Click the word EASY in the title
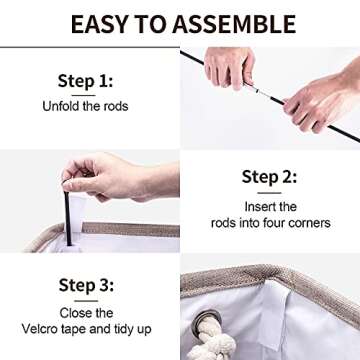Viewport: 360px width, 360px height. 99,24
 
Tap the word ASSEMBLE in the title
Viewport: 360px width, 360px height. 234,24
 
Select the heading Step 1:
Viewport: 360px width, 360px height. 85,81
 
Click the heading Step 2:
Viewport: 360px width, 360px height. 269,177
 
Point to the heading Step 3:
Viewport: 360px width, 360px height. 86,285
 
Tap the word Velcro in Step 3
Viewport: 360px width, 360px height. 41,329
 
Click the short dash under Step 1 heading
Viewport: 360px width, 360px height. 83,95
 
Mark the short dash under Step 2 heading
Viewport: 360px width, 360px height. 269,193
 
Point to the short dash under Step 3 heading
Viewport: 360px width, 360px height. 86,301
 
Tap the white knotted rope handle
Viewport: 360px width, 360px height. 214,339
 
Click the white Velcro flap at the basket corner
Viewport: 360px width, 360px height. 273,317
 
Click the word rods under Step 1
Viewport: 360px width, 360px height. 115,106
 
